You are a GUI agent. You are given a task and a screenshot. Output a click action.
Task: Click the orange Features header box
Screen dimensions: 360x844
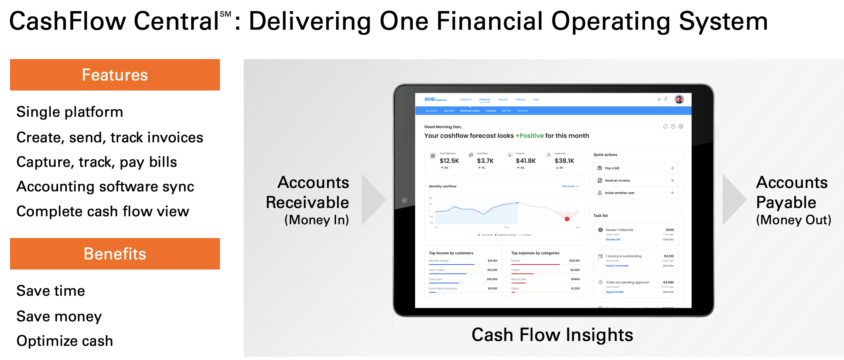click(x=115, y=75)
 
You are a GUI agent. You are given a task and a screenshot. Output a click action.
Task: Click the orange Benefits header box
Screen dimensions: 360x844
click(x=115, y=254)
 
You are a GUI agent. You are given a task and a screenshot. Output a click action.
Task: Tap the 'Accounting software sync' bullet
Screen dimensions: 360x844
click(x=105, y=187)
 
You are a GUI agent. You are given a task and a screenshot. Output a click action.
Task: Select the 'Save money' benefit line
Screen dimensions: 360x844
click(x=59, y=316)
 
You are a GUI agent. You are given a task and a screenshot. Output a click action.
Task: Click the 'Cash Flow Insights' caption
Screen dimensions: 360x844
click(x=552, y=335)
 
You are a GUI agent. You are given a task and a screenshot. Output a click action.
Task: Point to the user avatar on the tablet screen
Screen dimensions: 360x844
click(x=679, y=100)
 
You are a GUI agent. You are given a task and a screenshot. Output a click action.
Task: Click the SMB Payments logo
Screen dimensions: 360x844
click(x=435, y=100)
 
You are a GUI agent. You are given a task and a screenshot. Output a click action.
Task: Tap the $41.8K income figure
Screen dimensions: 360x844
click(x=526, y=161)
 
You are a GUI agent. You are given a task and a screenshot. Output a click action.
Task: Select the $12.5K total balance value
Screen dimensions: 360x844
click(x=449, y=161)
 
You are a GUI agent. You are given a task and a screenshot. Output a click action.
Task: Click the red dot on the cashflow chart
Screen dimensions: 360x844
click(x=567, y=219)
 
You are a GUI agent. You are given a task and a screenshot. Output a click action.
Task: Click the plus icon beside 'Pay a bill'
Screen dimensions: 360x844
click(x=672, y=168)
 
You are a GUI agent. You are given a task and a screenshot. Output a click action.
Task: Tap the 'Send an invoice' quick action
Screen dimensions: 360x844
click(x=617, y=180)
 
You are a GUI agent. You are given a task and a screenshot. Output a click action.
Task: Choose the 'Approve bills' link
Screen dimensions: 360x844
click(x=615, y=292)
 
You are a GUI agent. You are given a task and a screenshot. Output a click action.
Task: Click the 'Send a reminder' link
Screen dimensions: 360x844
click(x=617, y=266)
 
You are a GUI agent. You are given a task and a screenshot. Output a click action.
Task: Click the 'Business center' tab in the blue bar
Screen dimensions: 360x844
click(x=470, y=111)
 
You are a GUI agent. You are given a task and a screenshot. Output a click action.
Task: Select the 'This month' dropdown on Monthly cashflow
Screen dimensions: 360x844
click(x=570, y=186)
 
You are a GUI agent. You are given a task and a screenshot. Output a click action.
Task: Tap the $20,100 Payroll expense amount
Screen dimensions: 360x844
click(x=574, y=261)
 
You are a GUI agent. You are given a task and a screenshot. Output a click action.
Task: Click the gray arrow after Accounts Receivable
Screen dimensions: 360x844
click(x=373, y=200)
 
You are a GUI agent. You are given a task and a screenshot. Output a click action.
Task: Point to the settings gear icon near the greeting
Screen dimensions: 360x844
click(x=681, y=126)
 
